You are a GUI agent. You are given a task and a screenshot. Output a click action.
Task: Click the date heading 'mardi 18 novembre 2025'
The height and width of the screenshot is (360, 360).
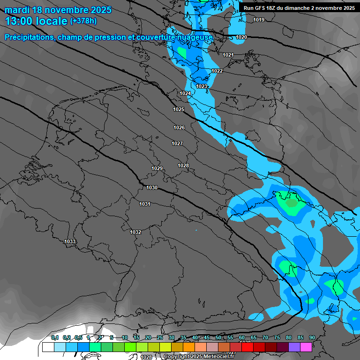pyautogui.click(x=58, y=10)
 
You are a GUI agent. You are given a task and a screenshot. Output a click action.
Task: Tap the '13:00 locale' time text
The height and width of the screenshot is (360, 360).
pyautogui.click(x=36, y=21)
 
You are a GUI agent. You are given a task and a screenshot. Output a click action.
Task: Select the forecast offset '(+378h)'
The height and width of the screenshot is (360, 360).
pyautogui.click(x=83, y=21)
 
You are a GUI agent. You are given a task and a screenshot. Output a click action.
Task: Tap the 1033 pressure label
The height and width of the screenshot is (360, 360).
pyautogui.click(x=70, y=241)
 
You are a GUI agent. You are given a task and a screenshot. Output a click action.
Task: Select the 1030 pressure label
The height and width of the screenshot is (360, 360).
pyautogui.click(x=152, y=187)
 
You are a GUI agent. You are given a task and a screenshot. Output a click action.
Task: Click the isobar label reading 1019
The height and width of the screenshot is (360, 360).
pyautogui.click(x=258, y=20)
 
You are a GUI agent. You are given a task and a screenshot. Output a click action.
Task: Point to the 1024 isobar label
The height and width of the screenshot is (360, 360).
pyautogui.click(x=185, y=94)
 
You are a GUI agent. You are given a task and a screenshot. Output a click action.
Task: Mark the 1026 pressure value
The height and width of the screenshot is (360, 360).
pyautogui.click(x=179, y=127)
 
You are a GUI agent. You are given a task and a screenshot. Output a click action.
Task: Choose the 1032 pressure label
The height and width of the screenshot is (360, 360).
pyautogui.click(x=135, y=232)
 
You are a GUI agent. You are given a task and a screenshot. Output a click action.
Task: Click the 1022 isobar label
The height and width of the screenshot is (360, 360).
pyautogui.click(x=217, y=71)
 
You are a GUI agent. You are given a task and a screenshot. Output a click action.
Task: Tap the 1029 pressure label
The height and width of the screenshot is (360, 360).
pyautogui.click(x=157, y=168)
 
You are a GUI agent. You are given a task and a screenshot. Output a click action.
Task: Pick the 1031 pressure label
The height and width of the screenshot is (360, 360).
pyautogui.click(x=145, y=204)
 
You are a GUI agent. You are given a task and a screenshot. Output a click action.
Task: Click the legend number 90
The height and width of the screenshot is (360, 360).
pyautogui.click(x=312, y=337)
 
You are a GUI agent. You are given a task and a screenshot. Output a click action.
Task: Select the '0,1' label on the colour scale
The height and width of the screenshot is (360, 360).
pyautogui.click(x=54, y=337)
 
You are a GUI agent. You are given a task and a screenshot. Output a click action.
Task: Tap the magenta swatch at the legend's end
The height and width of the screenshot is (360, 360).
pyautogui.click(x=306, y=347)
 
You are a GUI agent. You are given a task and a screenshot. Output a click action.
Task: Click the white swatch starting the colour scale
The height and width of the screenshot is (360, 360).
pyautogui.click(x=48, y=347)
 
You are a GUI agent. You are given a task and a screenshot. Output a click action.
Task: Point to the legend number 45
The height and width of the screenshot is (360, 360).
pyautogui.click(x=207, y=337)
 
